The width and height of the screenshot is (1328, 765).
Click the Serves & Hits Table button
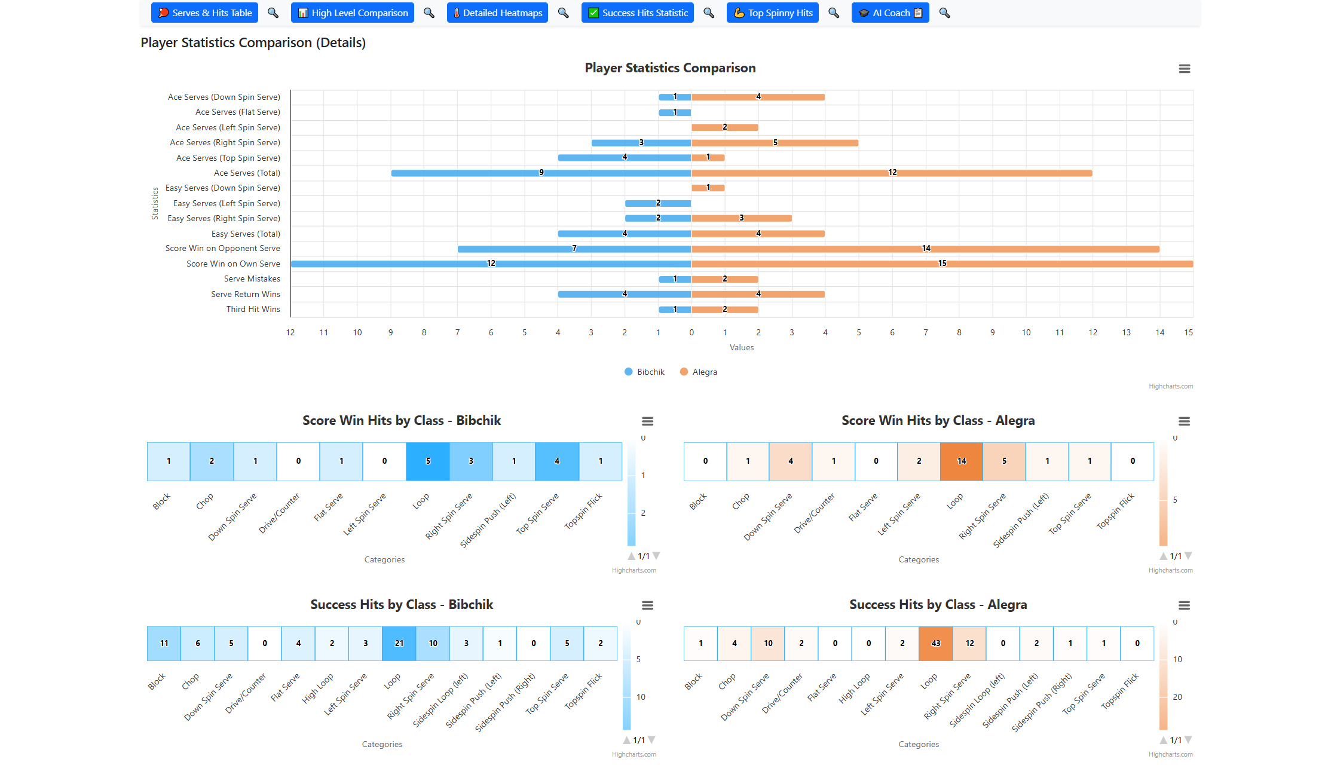[204, 13]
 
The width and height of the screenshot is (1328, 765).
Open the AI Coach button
[890, 13]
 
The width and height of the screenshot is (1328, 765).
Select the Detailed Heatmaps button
[497, 13]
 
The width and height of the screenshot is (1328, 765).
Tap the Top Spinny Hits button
[772, 13]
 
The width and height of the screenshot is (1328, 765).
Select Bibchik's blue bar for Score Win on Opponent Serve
[574, 249]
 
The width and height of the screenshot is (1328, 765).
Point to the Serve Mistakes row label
[252, 279]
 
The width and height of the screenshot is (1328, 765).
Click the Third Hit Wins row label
[253, 309]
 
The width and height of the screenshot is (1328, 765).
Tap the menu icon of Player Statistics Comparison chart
[1184, 69]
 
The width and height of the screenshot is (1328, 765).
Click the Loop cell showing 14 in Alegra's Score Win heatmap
[961, 461]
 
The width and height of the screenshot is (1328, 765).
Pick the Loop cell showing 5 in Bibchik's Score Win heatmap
[427, 461]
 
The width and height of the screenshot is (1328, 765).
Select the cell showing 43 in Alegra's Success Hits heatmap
[935, 644]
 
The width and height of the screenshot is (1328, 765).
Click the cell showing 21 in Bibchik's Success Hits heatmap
[399, 644]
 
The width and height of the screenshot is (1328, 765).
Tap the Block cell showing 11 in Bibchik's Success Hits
[164, 644]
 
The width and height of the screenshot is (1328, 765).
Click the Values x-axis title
[741, 347]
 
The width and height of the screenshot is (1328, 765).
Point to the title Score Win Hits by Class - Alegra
[938, 421]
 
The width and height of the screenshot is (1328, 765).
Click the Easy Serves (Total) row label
[245, 234]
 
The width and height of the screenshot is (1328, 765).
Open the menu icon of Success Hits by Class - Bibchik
[647, 605]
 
